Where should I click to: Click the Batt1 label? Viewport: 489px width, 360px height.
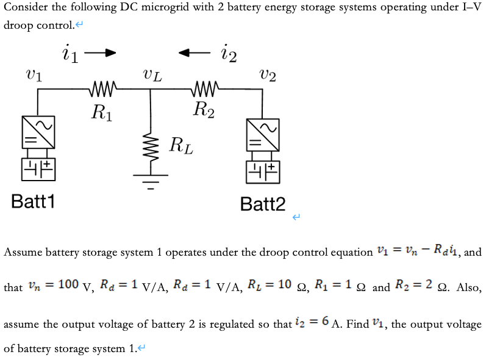coord(33,201)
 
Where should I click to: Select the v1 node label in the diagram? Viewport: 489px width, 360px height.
coord(34,74)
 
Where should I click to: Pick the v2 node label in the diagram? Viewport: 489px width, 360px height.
coord(267,75)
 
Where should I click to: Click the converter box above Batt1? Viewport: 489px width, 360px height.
coord(38,131)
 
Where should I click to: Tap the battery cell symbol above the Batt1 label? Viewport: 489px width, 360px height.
coord(38,168)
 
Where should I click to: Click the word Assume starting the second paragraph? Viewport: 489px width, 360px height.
coord(23,253)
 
